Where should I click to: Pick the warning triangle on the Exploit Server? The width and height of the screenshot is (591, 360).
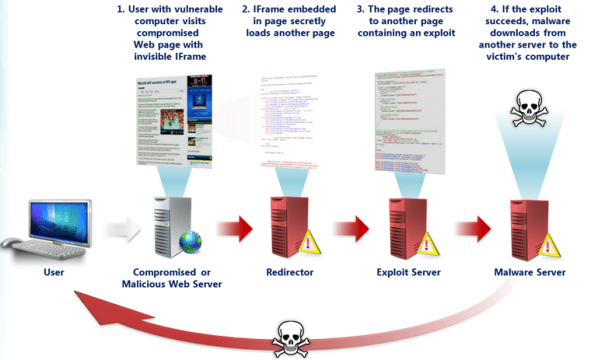pyautogui.click(x=427, y=242)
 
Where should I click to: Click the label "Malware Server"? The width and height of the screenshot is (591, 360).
pyautogui.click(x=530, y=271)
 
